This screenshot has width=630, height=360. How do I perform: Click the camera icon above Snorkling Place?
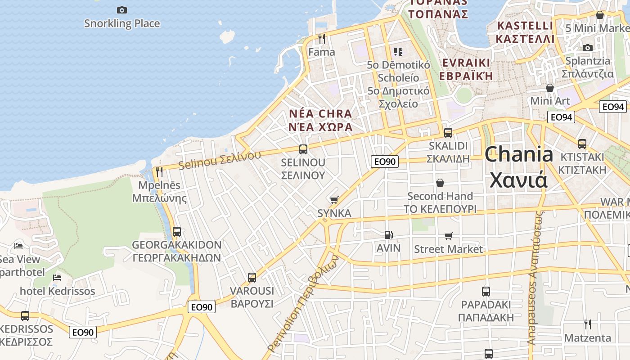pos(121,10)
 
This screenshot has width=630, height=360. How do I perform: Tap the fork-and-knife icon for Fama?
pos(322,39)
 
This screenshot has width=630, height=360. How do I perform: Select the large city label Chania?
pos(519,154)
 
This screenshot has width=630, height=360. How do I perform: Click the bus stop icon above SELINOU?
pos(303,149)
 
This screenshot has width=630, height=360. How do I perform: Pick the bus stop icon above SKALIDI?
pos(448,133)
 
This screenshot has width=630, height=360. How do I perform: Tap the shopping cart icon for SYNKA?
pos(334,200)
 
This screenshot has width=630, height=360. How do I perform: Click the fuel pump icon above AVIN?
pos(388,235)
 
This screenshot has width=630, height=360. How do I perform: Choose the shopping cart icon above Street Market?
pos(449,236)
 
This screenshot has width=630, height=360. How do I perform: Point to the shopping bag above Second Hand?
pos(440,183)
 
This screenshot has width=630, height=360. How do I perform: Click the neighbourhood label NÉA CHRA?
pos(320,114)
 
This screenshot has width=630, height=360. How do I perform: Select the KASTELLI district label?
pos(525,26)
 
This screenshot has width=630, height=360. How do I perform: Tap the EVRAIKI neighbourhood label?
pos(466,63)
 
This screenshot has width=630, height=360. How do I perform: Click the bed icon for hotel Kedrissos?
pos(57,277)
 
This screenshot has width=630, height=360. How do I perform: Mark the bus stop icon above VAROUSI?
pos(252,278)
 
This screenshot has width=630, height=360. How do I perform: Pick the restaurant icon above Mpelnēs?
pos(159,171)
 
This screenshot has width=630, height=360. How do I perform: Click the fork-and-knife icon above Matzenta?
pos(588,324)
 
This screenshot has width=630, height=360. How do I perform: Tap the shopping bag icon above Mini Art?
pos(549,88)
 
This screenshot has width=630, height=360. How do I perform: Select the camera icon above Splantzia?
pos(587,48)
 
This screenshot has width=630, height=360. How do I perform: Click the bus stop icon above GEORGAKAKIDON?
pos(177,232)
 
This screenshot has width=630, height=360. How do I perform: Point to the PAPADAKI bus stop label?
pos(486,305)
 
